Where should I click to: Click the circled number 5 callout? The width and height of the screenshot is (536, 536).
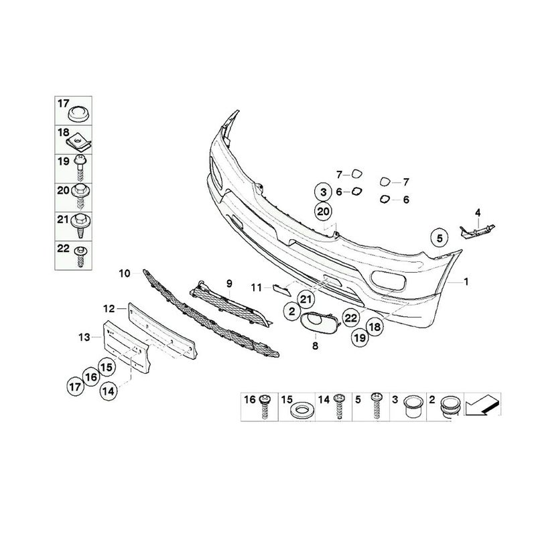click(x=440, y=238)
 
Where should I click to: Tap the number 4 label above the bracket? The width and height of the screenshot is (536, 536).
click(x=477, y=212)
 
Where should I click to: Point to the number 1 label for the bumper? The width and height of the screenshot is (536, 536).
click(x=466, y=281)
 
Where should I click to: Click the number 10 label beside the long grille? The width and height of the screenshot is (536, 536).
click(x=125, y=273)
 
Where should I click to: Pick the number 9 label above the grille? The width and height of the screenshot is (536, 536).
click(x=229, y=283)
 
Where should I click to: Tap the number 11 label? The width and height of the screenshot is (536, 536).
click(x=257, y=288)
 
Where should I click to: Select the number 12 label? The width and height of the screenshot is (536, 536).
click(x=109, y=309)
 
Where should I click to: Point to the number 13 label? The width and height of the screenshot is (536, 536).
click(x=84, y=338)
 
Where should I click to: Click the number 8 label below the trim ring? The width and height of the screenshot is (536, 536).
click(x=315, y=346)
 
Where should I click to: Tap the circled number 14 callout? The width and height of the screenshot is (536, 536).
click(x=109, y=391)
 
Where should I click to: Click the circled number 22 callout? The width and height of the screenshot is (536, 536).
click(x=350, y=318)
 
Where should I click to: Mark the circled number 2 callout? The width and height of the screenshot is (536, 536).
click(x=292, y=311)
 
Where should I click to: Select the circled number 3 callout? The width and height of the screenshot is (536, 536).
click(x=324, y=192)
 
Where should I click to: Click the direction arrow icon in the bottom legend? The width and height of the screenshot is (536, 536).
click(x=482, y=405)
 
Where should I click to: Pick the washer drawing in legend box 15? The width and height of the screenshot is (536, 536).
click(x=301, y=411)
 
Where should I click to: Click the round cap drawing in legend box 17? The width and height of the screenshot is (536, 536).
click(x=78, y=112)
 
